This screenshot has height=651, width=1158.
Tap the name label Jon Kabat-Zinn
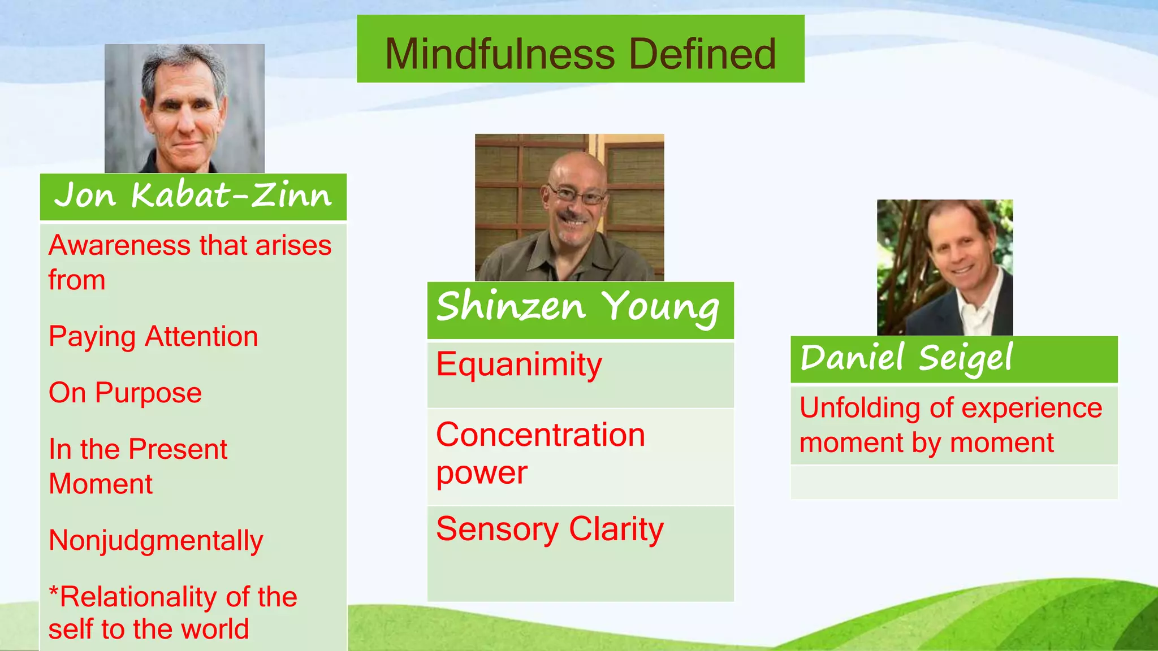(x=193, y=196)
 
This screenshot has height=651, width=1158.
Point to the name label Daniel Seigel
(x=906, y=359)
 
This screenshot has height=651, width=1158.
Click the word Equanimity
(x=518, y=364)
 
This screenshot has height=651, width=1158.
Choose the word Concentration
(x=540, y=435)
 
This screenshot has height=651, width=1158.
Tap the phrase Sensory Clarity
(x=550, y=530)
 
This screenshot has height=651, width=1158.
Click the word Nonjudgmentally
(x=155, y=541)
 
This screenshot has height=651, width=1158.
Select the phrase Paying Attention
(x=153, y=337)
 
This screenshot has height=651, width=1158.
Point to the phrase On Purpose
(x=125, y=393)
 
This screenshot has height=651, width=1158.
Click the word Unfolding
(x=856, y=408)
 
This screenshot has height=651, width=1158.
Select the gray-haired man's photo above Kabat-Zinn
(x=184, y=108)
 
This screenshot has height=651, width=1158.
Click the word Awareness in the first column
(x=119, y=246)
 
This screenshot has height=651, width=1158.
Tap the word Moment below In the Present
(x=101, y=484)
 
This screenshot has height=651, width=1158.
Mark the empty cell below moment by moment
(x=954, y=482)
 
